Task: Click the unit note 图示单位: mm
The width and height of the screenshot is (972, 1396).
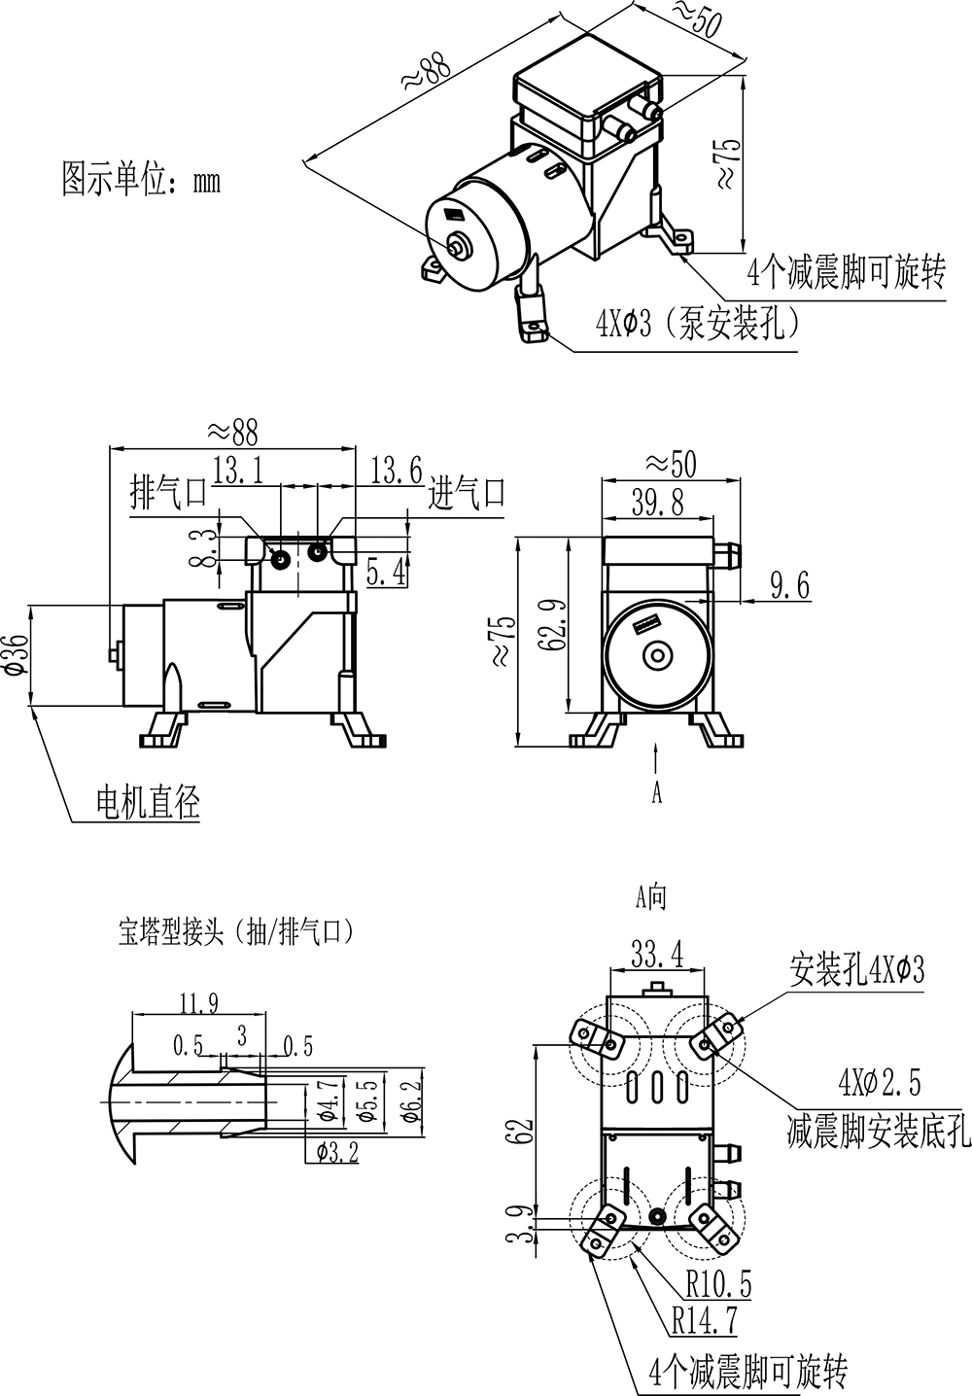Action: pyautogui.click(x=142, y=180)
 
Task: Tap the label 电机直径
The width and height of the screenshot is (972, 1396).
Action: pyautogui.click(x=148, y=802)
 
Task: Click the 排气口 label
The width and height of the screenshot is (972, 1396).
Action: pyautogui.click(x=169, y=493)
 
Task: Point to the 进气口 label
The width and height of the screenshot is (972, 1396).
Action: pyautogui.click(x=468, y=493)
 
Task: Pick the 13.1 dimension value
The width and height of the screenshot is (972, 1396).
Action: pyautogui.click(x=239, y=472)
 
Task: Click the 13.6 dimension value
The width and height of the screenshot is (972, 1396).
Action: pyautogui.click(x=396, y=472)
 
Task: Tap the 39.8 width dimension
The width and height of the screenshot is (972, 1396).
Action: pyautogui.click(x=658, y=502)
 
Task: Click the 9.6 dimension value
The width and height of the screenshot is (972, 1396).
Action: pyautogui.click(x=789, y=585)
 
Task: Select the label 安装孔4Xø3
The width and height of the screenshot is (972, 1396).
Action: pyautogui.click(x=856, y=969)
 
